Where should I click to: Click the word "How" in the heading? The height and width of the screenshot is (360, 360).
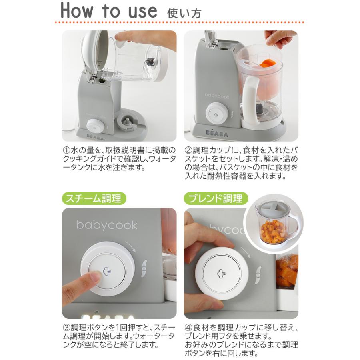point(77,10)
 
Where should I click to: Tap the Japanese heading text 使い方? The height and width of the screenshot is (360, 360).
point(184,13)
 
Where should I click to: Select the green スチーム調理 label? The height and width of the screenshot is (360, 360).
point(94,198)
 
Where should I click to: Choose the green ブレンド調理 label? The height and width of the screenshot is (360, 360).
point(216,198)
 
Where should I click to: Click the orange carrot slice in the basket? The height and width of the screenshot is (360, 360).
point(268,63)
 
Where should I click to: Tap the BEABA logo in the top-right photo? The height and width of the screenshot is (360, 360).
point(216,133)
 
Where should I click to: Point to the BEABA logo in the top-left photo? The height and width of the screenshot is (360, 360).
point(95,137)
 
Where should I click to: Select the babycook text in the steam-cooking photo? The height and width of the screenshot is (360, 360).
point(107,225)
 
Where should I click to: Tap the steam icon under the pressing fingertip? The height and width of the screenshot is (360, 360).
point(107,271)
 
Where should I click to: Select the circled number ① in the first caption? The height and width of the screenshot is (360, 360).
point(66,151)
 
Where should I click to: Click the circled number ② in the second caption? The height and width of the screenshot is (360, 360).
point(188,151)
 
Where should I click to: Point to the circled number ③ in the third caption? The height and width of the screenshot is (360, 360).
point(66,327)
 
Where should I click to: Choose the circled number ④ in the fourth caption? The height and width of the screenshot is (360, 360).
point(188,327)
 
